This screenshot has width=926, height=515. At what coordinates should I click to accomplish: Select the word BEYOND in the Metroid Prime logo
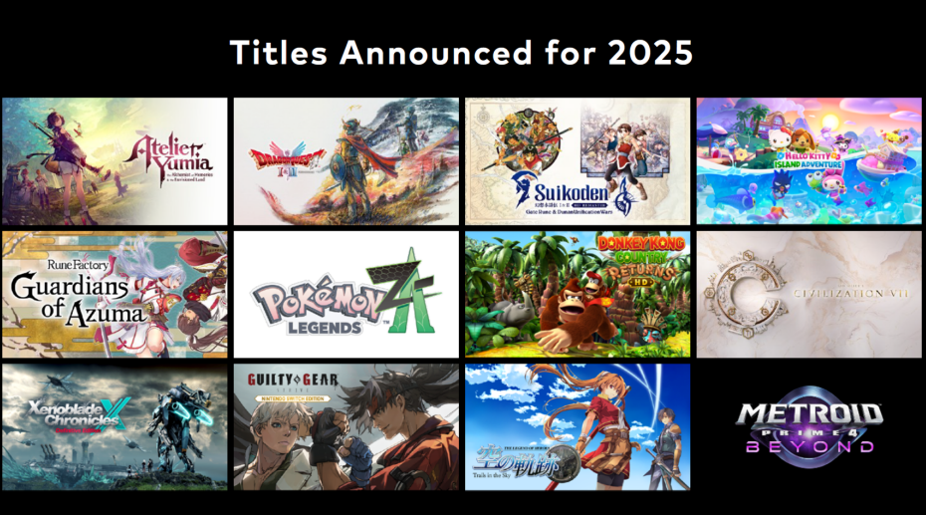pyautogui.click(x=809, y=446)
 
